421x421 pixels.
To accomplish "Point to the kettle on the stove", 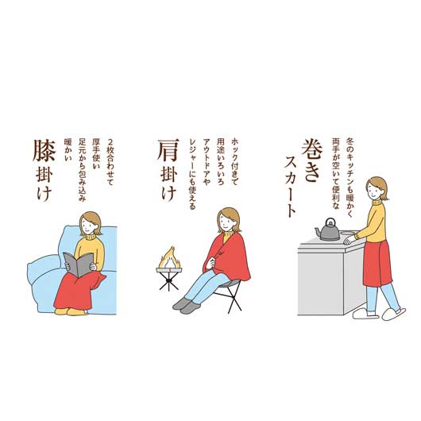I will pyautogui.click(x=327, y=231).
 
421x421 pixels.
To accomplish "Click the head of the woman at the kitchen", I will pyautogui.click(x=377, y=189).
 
